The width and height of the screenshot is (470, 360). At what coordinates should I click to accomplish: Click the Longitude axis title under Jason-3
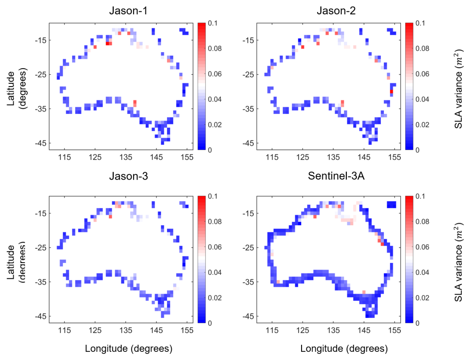point(128,348)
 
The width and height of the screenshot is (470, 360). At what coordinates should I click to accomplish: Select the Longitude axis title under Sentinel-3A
point(344,348)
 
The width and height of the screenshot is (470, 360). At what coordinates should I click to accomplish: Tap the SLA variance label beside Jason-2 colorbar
point(458,87)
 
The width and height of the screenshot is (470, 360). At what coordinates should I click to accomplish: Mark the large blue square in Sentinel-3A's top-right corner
point(391,205)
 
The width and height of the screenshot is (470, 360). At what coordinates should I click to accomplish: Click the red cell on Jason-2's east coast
point(392,92)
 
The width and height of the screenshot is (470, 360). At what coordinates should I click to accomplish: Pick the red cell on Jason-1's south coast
point(135,103)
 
